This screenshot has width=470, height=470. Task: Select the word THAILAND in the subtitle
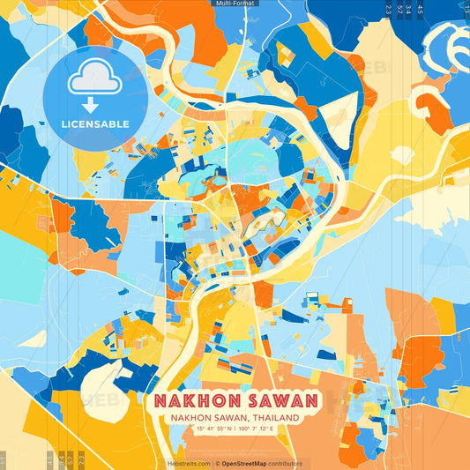[x=275, y=418]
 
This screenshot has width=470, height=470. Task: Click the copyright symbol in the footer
[x=217, y=462]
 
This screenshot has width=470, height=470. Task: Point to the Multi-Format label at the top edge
[x=235, y=4]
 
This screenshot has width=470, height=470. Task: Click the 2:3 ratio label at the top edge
[x=389, y=10]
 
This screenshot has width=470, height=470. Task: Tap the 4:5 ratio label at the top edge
[x=421, y=10]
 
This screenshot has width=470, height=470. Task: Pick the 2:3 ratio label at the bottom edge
[x=81, y=459]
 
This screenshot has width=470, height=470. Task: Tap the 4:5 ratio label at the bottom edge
[x=49, y=459]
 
